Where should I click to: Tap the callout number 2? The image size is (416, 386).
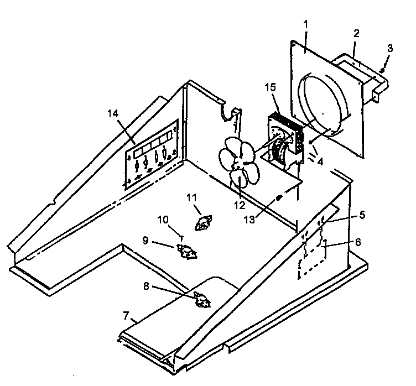point(357,33)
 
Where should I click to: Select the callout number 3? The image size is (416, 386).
point(390,48)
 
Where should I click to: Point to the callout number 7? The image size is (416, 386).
point(126,317)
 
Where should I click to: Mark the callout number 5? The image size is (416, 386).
point(361,215)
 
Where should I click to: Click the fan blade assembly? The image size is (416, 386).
point(235,163)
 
